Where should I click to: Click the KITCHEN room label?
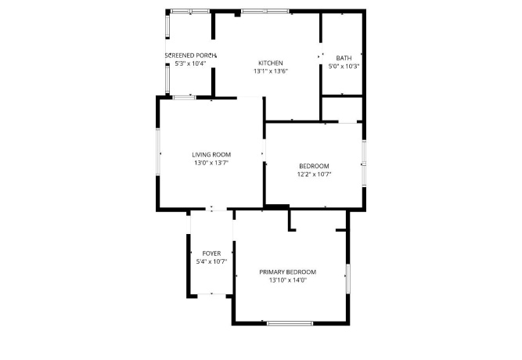click(x=270, y=63)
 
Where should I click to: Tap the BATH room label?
click(x=344, y=58)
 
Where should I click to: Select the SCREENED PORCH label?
click(x=190, y=56)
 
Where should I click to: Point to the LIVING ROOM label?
click(x=211, y=155)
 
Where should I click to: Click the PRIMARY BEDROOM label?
click(x=287, y=272)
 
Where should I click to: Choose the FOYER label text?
click(x=211, y=254)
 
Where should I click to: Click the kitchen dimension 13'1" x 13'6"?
click(x=270, y=71)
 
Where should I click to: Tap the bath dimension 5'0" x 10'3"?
click(x=344, y=67)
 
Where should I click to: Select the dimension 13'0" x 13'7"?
click(x=211, y=164)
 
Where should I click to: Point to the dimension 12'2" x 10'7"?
click(x=313, y=174)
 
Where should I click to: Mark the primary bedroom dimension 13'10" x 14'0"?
click(x=287, y=280)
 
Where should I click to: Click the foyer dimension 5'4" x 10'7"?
click(x=211, y=262)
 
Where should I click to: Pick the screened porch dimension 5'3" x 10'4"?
click(x=190, y=64)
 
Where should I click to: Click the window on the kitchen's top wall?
click(x=265, y=12)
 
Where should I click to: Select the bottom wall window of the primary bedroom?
click(x=290, y=323)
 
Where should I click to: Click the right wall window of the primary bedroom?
click(x=347, y=277)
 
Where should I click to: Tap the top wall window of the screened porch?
click(x=190, y=12)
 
